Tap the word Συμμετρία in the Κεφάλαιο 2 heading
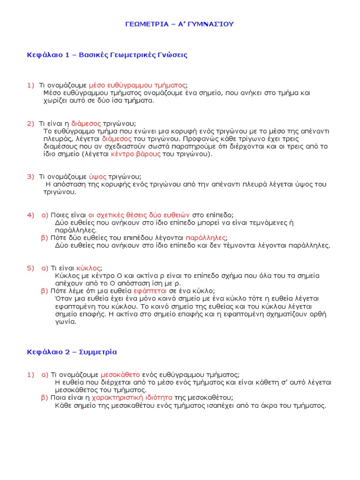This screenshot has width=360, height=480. (99, 352)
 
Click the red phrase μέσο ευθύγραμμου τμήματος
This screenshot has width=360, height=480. (137, 85)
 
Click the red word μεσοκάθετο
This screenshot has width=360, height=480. (120, 375)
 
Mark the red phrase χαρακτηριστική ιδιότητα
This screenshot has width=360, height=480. (132, 397)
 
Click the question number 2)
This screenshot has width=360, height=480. (30, 123)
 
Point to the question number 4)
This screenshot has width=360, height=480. (30, 215)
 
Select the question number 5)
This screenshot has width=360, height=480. (30, 268)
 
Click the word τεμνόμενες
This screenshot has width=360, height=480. (267, 223)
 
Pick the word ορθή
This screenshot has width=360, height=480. (318, 314)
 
